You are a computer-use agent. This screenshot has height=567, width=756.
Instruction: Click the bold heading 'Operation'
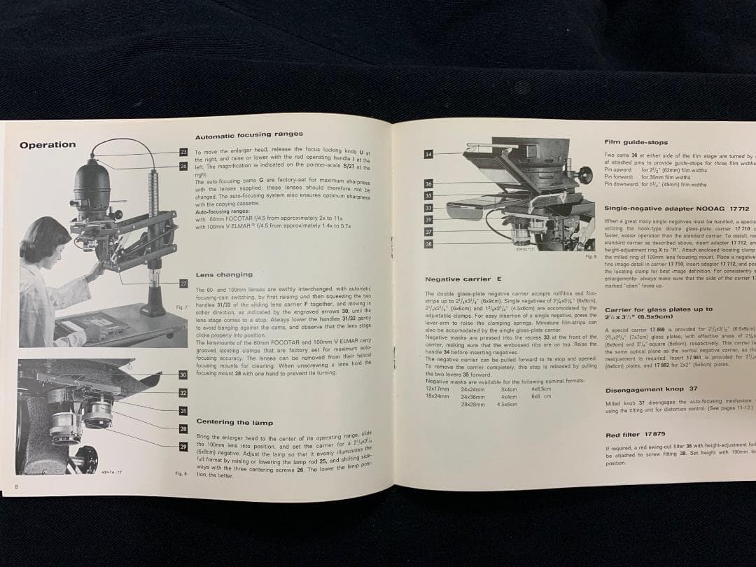pyautogui.click(x=48, y=145)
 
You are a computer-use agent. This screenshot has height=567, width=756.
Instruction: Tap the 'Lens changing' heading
pyautogui.click(x=224, y=275)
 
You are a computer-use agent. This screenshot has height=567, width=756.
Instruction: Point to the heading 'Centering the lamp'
pyautogui.click(x=234, y=422)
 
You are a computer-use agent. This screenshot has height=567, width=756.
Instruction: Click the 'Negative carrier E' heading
pyautogui.click(x=463, y=279)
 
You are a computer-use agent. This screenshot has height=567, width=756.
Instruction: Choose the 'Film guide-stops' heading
pyautogui.click(x=636, y=142)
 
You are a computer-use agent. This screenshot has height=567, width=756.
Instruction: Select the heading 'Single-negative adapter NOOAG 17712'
pyautogui.click(x=676, y=209)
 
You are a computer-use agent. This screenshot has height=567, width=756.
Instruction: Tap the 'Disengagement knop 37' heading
pyautogui.click(x=651, y=388)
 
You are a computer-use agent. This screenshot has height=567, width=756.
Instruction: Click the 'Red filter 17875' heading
pyautogui.click(x=635, y=435)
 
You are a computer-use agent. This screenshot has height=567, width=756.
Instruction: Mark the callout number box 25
pyautogui.click(x=183, y=152)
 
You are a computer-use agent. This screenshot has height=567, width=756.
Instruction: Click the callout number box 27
pyautogui.click(x=183, y=283)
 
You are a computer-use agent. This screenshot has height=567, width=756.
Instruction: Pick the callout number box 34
pyautogui.click(x=428, y=154)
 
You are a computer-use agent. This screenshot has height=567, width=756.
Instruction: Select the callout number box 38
pyautogui.click(x=428, y=244)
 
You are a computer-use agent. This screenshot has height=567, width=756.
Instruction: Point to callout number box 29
pyautogui.click(x=183, y=447)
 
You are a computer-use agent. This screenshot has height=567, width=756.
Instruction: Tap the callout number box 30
pyautogui.click(x=183, y=375)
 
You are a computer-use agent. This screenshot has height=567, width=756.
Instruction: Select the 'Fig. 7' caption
pyautogui.click(x=181, y=307)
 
